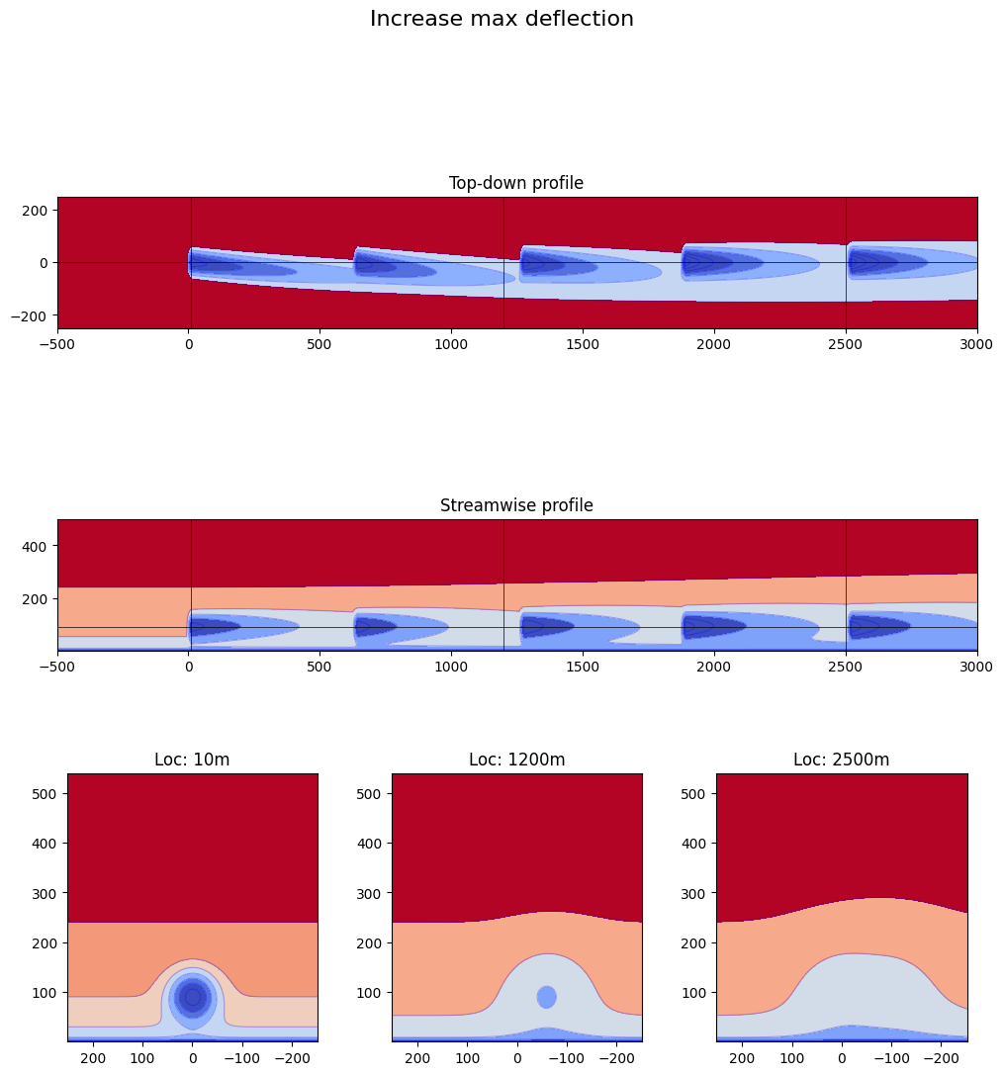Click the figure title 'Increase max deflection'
[x=502, y=19]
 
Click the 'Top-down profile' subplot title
[x=516, y=183]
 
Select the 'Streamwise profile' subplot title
[x=516, y=505]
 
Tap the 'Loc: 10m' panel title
[x=192, y=760]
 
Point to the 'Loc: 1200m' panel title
[x=516, y=760]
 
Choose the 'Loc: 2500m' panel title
[x=841, y=760]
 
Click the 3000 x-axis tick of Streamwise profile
[x=976, y=667]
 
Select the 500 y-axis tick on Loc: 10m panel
[x=46, y=793]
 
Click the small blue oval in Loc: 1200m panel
[x=546, y=997]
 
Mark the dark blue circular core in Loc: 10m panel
[x=193, y=997]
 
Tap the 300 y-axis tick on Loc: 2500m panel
[x=695, y=892]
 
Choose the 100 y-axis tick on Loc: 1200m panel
[x=371, y=992]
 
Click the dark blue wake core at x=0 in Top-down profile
[x=208, y=266]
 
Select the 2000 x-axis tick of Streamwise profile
[x=713, y=667]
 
